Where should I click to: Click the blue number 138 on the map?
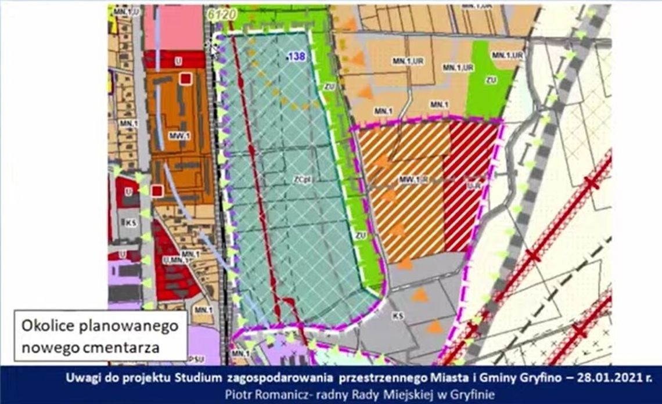click(296, 56)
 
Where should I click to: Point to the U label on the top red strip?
click(178, 59)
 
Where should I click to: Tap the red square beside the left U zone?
click(156, 191)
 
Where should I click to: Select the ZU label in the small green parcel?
click(492, 80)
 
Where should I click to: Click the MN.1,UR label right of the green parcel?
click(508, 54)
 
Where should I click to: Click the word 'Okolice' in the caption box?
click(46, 326)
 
